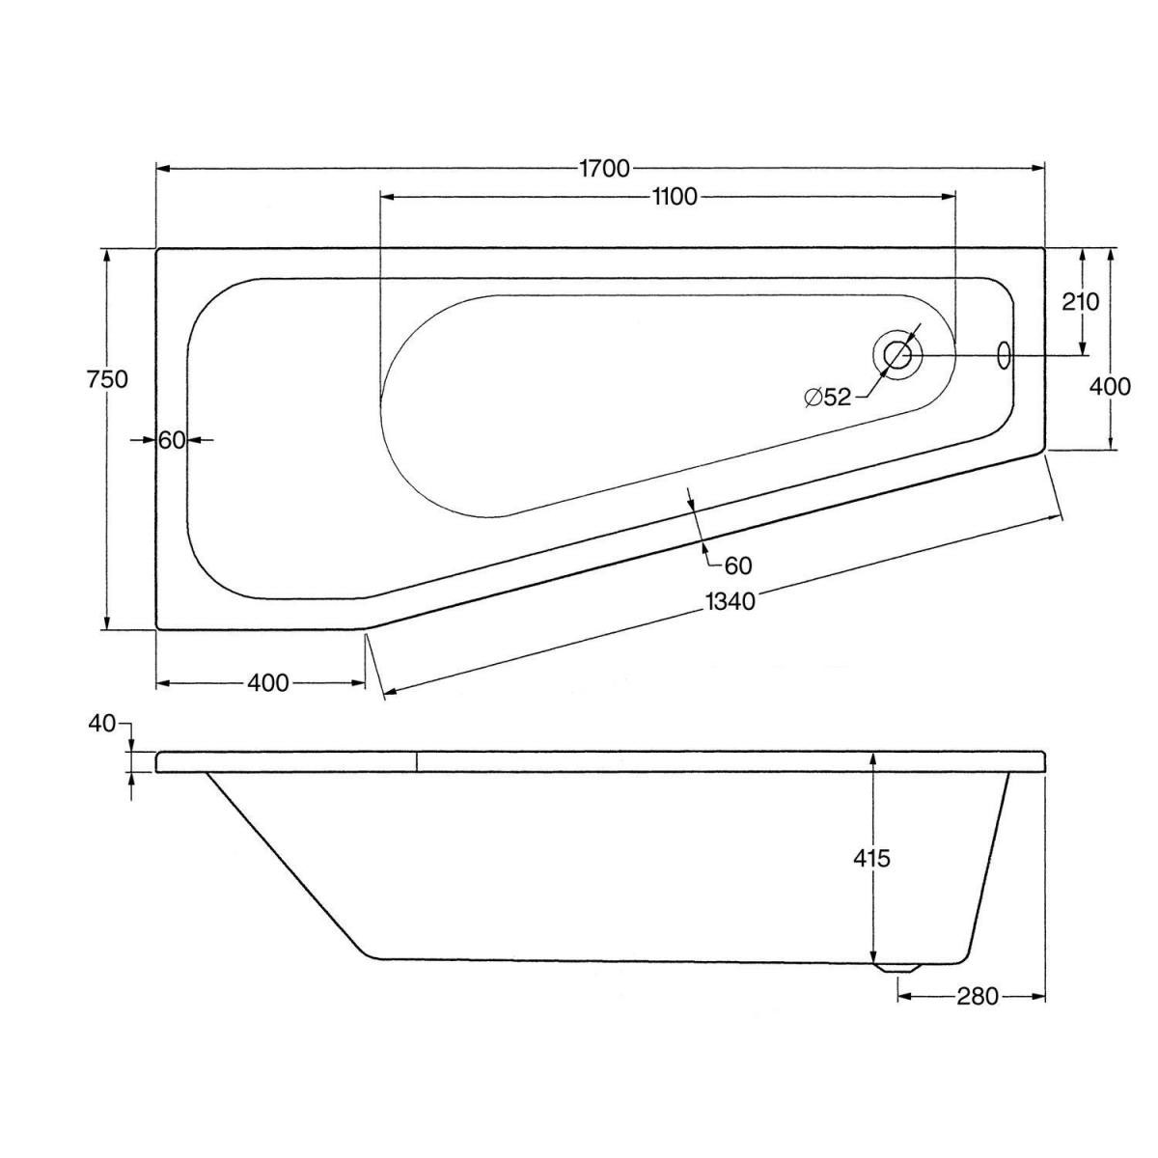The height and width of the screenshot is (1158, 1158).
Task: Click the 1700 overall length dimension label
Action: (604, 169)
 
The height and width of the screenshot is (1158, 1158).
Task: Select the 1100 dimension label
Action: (675, 197)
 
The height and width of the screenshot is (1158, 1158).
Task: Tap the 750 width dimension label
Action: (107, 379)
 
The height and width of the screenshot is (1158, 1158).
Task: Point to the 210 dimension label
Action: (1080, 302)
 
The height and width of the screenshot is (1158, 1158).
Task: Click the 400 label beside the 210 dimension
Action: (1110, 386)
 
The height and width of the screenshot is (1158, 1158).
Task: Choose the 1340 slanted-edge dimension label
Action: (729, 601)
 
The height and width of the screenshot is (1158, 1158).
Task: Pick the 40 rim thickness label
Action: (101, 724)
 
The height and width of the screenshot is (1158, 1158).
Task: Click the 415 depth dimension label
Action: (871, 859)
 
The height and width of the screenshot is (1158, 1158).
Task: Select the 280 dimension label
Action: (978, 997)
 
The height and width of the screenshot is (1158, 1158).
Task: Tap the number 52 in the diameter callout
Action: (838, 398)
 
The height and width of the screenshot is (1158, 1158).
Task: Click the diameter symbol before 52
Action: (813, 398)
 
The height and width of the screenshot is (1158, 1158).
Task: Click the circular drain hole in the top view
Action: (897, 355)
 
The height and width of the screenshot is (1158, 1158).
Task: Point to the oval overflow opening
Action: (1004, 355)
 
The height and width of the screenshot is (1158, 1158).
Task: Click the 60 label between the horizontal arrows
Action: (171, 440)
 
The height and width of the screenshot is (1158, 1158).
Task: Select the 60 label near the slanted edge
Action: (738, 565)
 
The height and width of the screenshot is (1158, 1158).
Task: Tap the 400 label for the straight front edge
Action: (268, 683)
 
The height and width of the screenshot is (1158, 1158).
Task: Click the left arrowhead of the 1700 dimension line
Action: (163, 169)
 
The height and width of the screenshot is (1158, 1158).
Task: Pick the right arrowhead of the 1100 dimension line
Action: (949, 197)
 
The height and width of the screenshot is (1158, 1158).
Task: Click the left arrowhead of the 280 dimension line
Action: (905, 997)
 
